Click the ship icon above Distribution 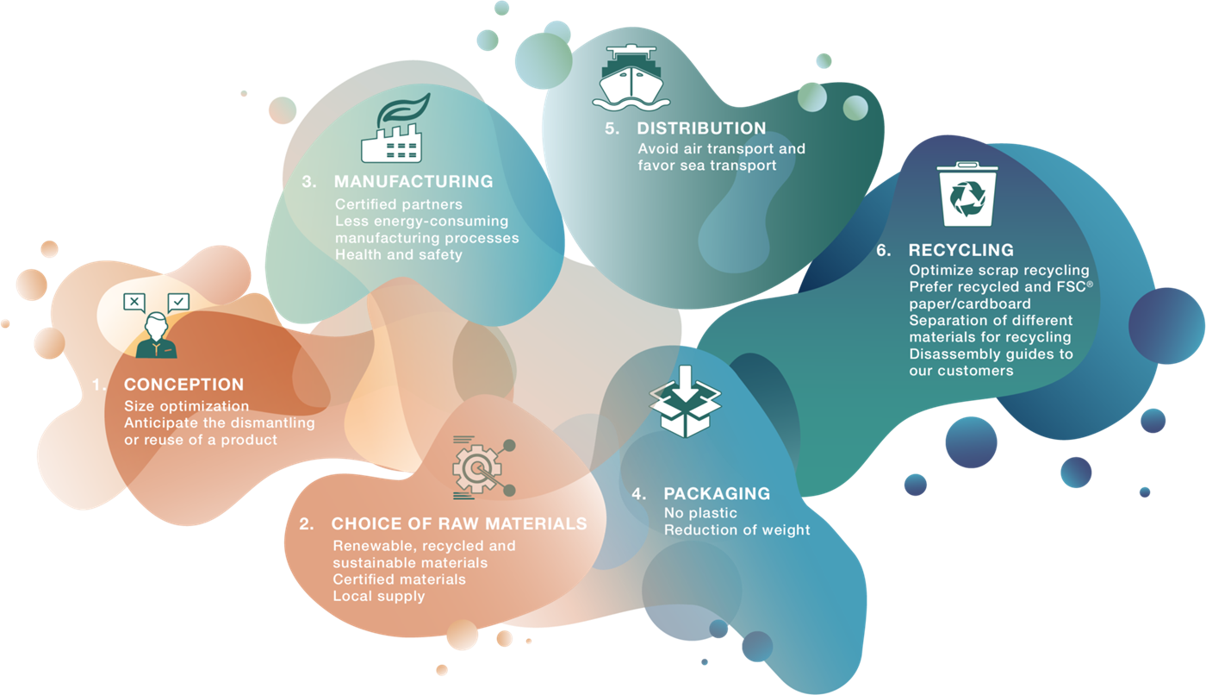coord(631,78)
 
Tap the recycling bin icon coord(967,194)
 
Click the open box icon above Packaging coord(685,401)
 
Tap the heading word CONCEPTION coord(184,384)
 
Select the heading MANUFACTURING coord(413,182)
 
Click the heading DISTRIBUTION coord(701,128)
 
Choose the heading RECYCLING coord(961,250)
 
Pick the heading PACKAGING coord(717,493)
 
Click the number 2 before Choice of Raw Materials coord(306,523)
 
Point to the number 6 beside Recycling coord(883,250)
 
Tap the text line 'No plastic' coord(700,513)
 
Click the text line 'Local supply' coord(378,597)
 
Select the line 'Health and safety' coord(398,254)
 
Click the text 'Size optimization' coord(186,406)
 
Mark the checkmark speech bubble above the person coord(178,303)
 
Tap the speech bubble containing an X coord(134,303)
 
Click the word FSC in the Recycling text coord(1071,286)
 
